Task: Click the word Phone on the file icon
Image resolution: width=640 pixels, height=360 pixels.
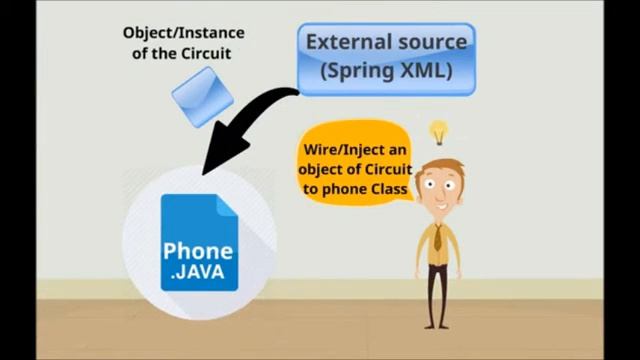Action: [x=198, y=251]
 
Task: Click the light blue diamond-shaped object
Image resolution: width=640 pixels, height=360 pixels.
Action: [x=201, y=95]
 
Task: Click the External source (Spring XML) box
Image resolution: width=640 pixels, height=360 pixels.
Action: [x=385, y=57]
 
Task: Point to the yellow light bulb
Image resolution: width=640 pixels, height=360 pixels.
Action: [x=438, y=131]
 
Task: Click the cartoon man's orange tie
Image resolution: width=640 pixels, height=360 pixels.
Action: [x=438, y=236]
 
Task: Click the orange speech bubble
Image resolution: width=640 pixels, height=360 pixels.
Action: [x=356, y=171]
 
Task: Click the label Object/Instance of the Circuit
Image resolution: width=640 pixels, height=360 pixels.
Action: [x=183, y=42]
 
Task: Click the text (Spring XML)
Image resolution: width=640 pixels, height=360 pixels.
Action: [x=385, y=71]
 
